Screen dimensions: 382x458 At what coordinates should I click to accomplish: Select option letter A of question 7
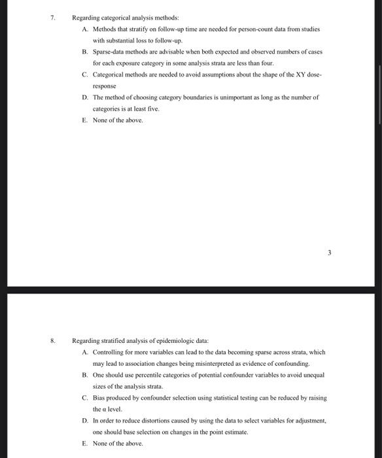[86, 29]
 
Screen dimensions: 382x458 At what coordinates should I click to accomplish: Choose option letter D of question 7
[86, 97]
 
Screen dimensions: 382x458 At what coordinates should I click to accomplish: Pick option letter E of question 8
[85, 443]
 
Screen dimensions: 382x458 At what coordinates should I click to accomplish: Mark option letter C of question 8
[86, 397]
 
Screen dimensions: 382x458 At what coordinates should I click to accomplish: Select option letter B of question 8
[86, 375]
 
